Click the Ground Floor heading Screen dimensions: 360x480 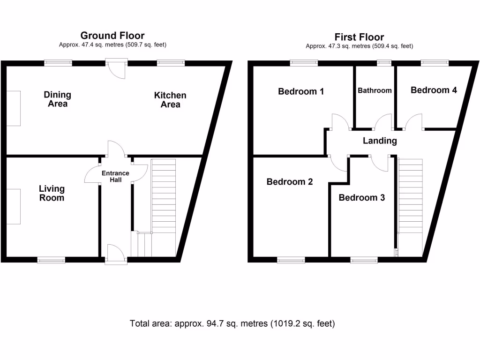(x=112, y=36)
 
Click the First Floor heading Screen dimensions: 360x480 (x=359, y=37)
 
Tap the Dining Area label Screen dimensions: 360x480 (x=58, y=99)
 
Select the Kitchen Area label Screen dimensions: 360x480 (x=170, y=100)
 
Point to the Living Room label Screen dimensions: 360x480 (x=52, y=193)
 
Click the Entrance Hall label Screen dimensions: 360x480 (x=116, y=176)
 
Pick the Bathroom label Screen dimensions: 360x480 (x=375, y=90)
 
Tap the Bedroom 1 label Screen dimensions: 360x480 (x=301, y=91)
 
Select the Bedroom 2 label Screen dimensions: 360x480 (x=290, y=182)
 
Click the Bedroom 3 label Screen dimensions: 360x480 (x=362, y=198)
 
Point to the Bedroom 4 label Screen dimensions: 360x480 (x=434, y=90)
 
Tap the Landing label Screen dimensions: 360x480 (x=380, y=141)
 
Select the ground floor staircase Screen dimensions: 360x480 (x=163, y=197)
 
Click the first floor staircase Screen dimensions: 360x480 (x=411, y=197)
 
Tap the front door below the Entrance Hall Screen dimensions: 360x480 (x=116, y=255)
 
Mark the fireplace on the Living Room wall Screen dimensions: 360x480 (x=14, y=207)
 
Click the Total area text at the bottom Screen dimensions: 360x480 (x=232, y=323)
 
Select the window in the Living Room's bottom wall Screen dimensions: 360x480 (x=51, y=259)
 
